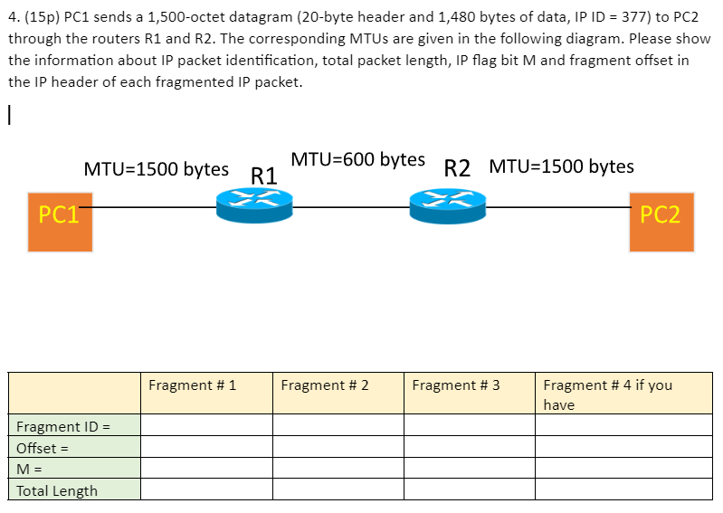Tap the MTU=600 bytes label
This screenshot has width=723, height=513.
click(x=357, y=160)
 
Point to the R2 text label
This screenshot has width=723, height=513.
click(x=459, y=168)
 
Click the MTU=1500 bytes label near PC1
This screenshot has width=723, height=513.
click(x=156, y=169)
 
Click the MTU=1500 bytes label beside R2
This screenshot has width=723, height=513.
click(x=561, y=167)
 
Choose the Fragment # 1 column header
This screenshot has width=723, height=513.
click(x=192, y=385)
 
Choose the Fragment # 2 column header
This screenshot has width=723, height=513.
click(x=325, y=385)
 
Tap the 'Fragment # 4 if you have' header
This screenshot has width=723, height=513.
click(x=607, y=394)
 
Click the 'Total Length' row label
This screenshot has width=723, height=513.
click(x=57, y=490)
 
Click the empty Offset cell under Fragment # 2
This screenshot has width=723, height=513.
click(x=338, y=447)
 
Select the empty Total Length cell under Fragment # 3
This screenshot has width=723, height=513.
click(x=469, y=489)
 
